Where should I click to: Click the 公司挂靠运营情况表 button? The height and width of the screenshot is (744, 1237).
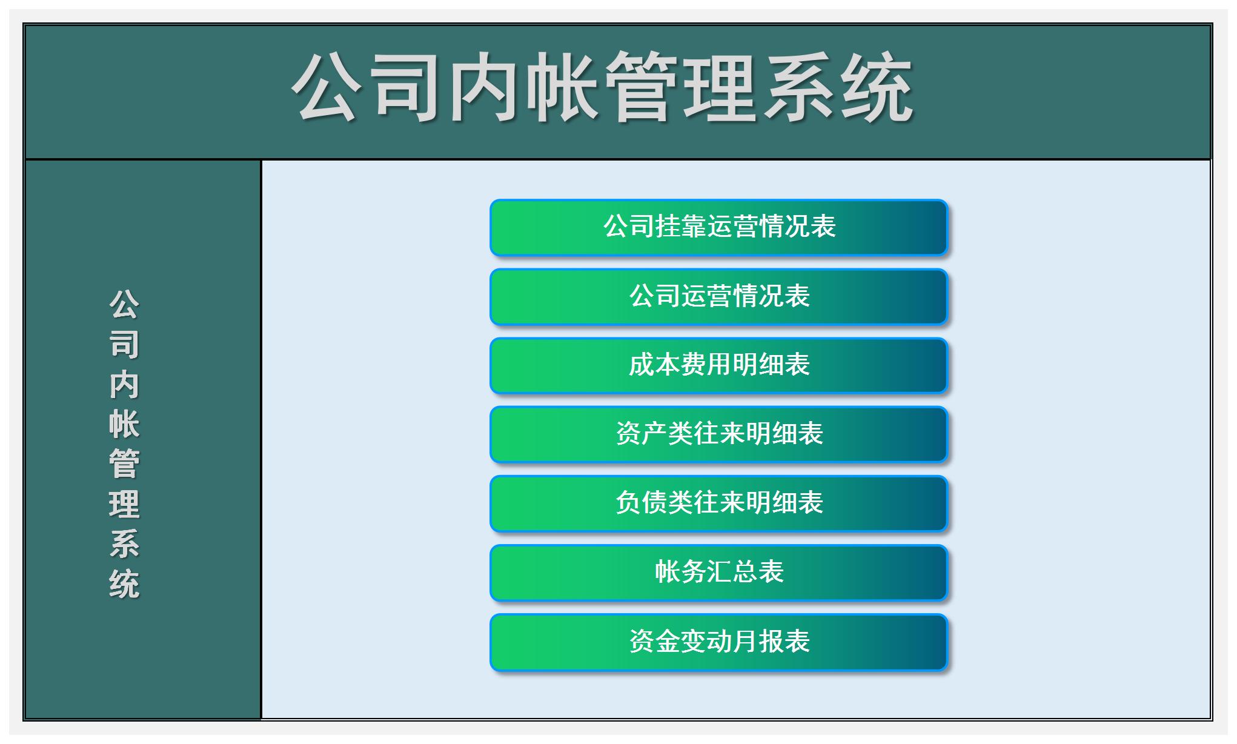pos(718,227)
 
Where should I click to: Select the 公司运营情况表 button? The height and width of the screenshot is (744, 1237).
pos(718,296)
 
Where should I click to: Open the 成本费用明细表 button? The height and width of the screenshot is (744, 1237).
pos(718,365)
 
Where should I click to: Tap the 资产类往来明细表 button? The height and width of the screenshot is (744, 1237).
pos(718,434)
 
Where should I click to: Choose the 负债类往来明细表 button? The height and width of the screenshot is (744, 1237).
pos(718,503)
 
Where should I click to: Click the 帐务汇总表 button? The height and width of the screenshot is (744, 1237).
pos(718,572)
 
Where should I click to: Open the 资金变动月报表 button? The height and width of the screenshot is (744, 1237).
pos(718,642)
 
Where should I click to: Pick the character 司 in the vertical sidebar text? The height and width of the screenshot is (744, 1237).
pos(124,344)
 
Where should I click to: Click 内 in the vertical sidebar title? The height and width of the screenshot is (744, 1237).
pos(124,384)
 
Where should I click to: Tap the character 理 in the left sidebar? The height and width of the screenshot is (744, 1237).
pos(124,504)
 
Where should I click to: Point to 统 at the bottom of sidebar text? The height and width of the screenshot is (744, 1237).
pos(124,584)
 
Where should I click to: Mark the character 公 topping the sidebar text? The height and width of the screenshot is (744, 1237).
pos(124,304)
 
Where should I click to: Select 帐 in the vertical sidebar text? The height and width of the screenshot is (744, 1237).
pos(124,424)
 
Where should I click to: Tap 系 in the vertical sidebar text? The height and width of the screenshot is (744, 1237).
pos(124,544)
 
